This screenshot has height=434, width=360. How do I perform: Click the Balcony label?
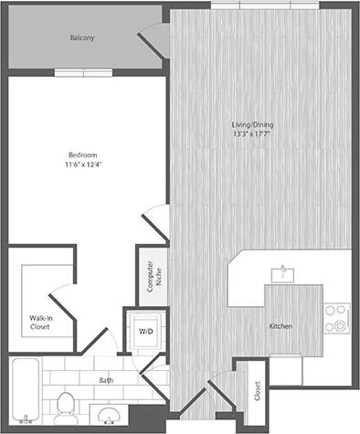(x=84, y=39)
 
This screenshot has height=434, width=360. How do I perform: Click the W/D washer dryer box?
(x=145, y=330)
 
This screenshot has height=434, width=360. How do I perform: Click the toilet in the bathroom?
(x=65, y=403)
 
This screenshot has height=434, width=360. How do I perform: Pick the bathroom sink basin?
(x=111, y=418)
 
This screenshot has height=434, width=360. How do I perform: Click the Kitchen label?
(x=281, y=325)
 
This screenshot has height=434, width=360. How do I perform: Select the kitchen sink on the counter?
(x=284, y=271)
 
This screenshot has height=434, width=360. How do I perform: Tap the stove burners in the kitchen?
(x=338, y=317)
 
